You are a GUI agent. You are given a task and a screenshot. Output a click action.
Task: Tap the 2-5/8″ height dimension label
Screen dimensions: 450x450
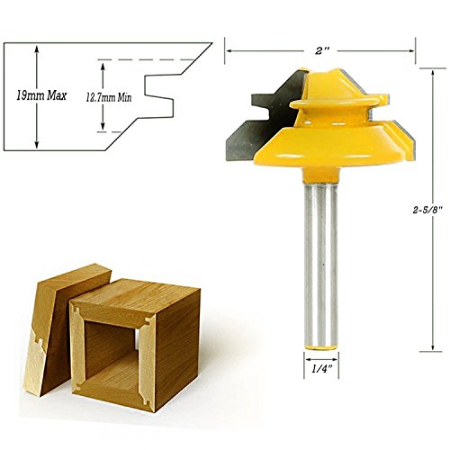[x=427, y=210]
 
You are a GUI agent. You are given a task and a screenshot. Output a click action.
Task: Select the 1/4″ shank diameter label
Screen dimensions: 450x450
[x=321, y=369]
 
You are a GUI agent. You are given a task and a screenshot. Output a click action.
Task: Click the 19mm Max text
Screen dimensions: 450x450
[x=41, y=95]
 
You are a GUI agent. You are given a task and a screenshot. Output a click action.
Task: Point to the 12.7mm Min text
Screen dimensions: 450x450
[x=109, y=97]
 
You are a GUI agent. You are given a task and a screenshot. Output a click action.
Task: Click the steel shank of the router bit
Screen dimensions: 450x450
[x=320, y=264]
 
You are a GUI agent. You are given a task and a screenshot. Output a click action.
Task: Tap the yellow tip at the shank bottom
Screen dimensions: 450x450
[x=321, y=347]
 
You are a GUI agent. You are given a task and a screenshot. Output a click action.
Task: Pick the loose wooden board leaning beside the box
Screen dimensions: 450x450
[x=60, y=330]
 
